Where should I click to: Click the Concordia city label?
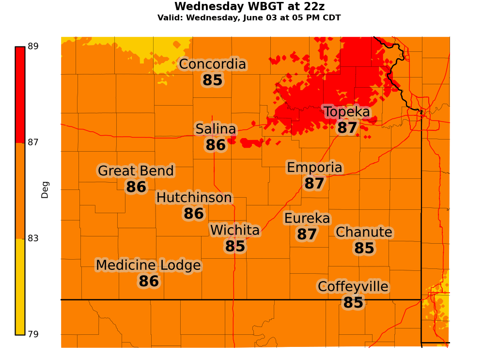click(213, 64)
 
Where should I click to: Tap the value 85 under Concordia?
click(213, 80)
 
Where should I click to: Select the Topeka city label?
click(347, 112)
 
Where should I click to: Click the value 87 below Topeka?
click(347, 128)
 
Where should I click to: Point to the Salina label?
click(216, 129)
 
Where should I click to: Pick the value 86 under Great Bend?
click(136, 188)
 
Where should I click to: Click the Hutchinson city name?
click(194, 198)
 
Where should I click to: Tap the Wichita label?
click(235, 231)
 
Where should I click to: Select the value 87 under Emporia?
click(314, 184)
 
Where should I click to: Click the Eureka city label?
click(307, 219)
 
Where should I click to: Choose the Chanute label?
click(364, 233)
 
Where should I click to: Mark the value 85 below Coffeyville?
click(353, 303)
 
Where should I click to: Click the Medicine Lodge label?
click(148, 266)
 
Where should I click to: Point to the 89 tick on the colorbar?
click(33, 47)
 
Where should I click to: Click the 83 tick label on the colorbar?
click(33, 238)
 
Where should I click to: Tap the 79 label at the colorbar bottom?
click(33, 334)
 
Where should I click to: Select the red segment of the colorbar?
click(20, 94)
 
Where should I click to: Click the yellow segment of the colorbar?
click(20, 286)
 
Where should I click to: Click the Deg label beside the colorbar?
click(45, 190)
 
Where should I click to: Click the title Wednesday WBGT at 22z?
click(249, 7)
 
